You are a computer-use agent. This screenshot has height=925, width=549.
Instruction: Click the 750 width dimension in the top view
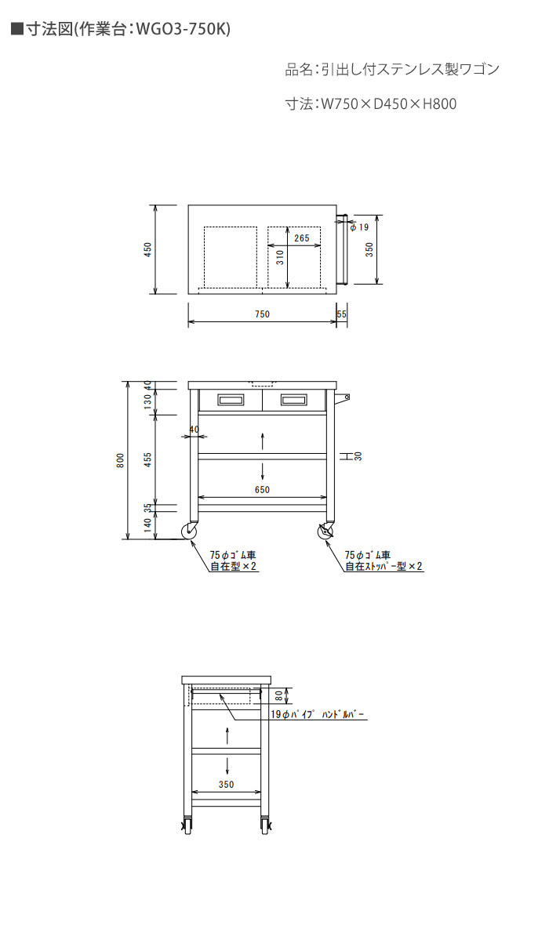(262, 314)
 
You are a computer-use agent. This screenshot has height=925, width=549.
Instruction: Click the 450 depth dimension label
(148, 249)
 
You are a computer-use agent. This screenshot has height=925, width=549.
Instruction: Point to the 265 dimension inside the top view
(302, 238)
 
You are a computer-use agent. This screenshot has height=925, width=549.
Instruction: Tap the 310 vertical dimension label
(281, 257)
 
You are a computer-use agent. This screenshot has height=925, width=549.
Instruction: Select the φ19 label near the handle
(359, 227)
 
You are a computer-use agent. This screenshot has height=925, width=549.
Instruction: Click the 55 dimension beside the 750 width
(342, 314)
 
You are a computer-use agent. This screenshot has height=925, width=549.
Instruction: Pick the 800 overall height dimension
(121, 461)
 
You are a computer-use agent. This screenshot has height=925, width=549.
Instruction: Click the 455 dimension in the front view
(148, 460)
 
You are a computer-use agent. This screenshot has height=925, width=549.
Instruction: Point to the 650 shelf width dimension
(262, 490)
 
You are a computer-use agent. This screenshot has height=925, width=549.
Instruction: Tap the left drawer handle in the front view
(231, 401)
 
